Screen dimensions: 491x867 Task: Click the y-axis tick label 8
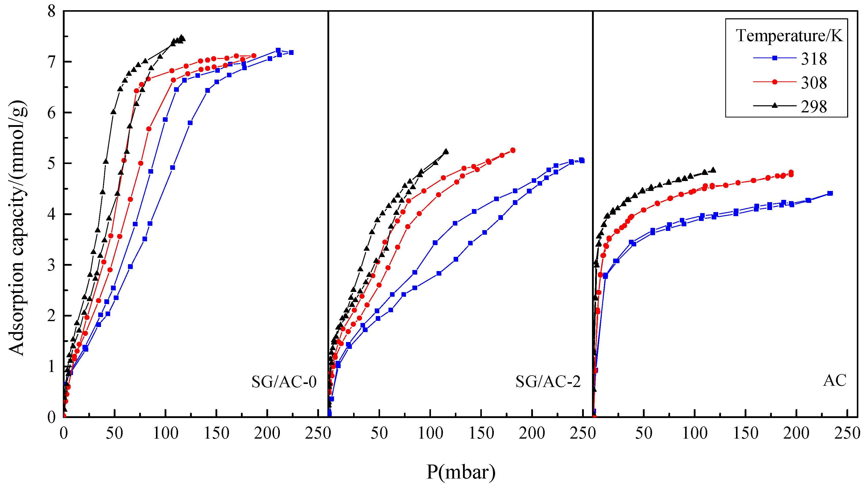pyautogui.click(x=51, y=11)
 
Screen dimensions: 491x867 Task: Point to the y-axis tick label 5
pyautogui.click(x=51, y=164)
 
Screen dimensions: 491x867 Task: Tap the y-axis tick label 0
pyautogui.click(x=51, y=418)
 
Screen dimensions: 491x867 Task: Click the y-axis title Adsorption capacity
pyautogui.click(x=17, y=228)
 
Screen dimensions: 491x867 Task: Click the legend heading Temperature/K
pyautogui.click(x=789, y=35)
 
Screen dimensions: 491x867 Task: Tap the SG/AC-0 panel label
pyautogui.click(x=284, y=382)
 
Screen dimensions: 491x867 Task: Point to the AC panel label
pyautogui.click(x=835, y=381)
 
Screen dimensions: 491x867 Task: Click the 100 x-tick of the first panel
pyautogui.click(x=165, y=433)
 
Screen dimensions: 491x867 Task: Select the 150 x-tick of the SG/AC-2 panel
pyautogui.click(x=481, y=433)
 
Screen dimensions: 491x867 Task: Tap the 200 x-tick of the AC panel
pyautogui.click(x=796, y=433)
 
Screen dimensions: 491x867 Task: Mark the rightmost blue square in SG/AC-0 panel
pyautogui.click(x=291, y=53)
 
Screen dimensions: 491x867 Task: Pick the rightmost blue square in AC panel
pyautogui.click(x=830, y=194)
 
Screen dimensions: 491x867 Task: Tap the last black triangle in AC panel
pyautogui.click(x=713, y=170)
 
